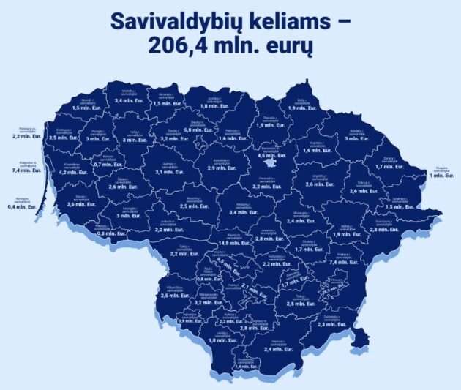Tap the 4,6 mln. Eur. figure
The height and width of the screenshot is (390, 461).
[x=271, y=155]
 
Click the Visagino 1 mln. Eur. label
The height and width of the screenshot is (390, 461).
[x=440, y=176]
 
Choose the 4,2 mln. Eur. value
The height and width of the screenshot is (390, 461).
[x=73, y=172]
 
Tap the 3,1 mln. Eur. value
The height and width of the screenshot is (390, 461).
[x=169, y=172]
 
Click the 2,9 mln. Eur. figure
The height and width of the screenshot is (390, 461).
[x=220, y=168]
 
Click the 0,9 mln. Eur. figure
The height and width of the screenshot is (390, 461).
[x=190, y=321]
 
